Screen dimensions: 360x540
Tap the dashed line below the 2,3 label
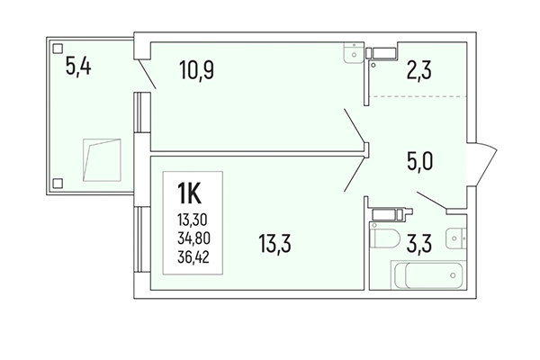click(x=419, y=96)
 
